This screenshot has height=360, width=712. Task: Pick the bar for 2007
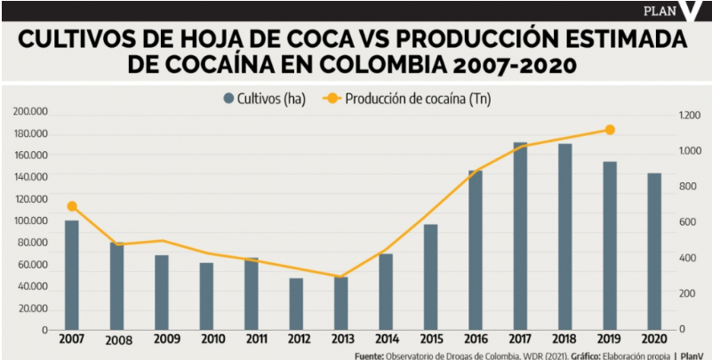[72, 275]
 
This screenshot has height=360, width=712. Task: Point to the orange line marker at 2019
[610, 130]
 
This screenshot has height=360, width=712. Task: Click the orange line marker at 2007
[72, 206]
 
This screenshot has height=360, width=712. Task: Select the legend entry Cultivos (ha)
[264, 99]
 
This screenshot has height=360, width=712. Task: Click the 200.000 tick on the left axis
[31, 112]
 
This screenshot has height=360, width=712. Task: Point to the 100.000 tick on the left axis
[31, 221]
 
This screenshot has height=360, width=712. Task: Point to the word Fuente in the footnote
[369, 355]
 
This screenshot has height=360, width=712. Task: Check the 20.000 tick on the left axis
[33, 308]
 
